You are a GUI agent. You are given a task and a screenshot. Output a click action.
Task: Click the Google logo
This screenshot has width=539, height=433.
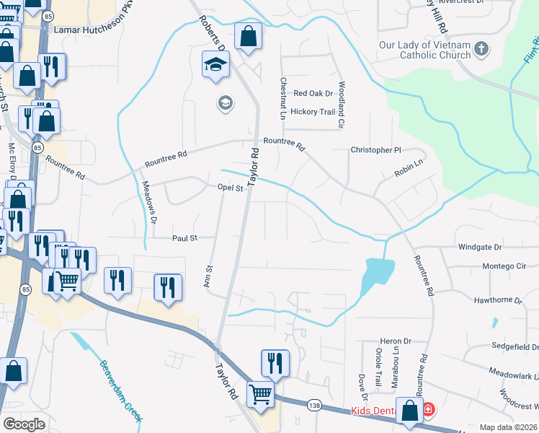24,424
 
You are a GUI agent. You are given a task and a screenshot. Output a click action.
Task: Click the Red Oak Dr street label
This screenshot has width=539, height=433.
313,94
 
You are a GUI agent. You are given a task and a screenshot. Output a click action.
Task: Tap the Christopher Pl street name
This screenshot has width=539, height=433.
375,150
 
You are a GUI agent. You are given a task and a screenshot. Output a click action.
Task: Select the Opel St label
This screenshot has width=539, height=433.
231,188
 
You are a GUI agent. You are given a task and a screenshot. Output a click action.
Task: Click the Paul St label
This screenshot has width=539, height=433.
184,237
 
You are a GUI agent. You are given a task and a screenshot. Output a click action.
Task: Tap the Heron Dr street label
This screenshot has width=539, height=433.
396,341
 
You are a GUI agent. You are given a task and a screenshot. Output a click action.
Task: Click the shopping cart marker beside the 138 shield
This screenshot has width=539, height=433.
260,395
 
